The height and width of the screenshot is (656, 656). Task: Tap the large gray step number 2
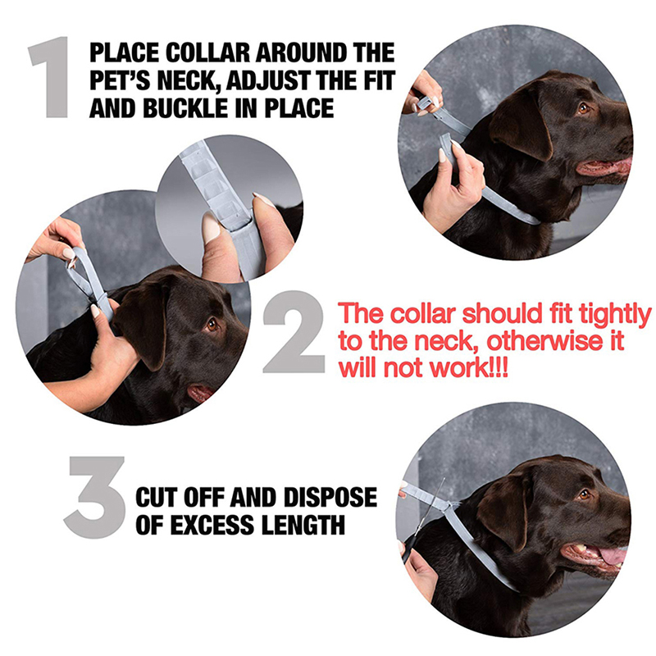point(294,332)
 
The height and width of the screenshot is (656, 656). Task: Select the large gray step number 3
point(95,497)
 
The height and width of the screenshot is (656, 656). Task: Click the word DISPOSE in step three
point(330,498)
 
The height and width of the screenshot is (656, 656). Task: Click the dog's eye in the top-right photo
point(584,108)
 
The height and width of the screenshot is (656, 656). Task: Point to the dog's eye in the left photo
point(212,324)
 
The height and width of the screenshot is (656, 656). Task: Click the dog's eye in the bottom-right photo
point(584,495)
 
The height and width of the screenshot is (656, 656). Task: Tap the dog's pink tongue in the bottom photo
point(613,557)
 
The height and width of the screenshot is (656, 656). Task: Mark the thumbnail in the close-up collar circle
point(211,228)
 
